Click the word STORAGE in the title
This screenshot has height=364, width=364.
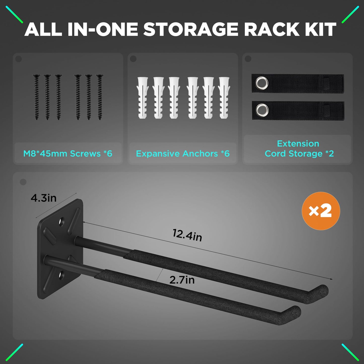(191, 30)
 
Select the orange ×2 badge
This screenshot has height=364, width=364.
(321, 211)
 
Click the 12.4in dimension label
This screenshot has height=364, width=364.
(187, 235)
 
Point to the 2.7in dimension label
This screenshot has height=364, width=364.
(182, 280)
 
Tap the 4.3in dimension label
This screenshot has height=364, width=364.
(44, 198)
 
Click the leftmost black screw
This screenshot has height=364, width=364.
(37, 97)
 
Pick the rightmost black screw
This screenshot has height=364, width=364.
(100, 97)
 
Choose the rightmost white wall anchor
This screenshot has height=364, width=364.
(224, 98)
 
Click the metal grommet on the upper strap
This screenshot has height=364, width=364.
(262, 83)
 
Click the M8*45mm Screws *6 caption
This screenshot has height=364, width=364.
(68, 153)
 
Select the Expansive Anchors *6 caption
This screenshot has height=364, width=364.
(183, 153)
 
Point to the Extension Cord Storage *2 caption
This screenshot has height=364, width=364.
(299, 149)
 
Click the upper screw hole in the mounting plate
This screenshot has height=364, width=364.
(61, 222)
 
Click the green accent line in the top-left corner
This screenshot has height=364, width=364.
(14, 14)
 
